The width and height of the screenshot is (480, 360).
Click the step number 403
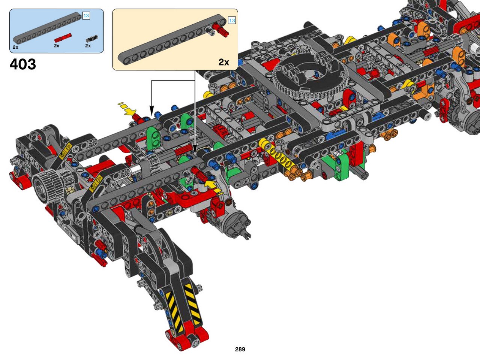23,64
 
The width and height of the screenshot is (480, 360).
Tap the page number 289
240,349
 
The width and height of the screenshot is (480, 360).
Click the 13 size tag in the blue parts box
86,15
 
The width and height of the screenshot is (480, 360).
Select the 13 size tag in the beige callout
232,20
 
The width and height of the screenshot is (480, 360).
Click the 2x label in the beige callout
224,62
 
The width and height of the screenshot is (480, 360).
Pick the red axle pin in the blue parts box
63,37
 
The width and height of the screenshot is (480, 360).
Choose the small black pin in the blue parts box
91,39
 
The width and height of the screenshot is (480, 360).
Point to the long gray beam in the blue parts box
47,27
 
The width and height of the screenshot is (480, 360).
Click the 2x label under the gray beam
15,47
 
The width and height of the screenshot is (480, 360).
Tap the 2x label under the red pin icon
57,46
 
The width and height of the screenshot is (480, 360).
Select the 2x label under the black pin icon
88,46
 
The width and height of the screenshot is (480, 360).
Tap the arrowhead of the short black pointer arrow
151,110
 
